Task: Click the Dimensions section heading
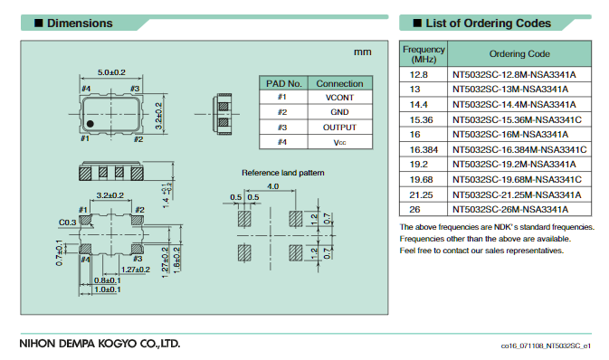(80, 23)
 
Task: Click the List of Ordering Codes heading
(483, 23)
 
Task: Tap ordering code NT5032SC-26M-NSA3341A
(519, 208)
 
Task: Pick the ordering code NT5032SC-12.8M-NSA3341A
(519, 74)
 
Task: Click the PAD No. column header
(281, 82)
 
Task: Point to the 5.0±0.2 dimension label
(111, 71)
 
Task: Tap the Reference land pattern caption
(282, 172)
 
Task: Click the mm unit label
(362, 52)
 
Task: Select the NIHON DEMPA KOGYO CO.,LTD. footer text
(100, 344)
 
